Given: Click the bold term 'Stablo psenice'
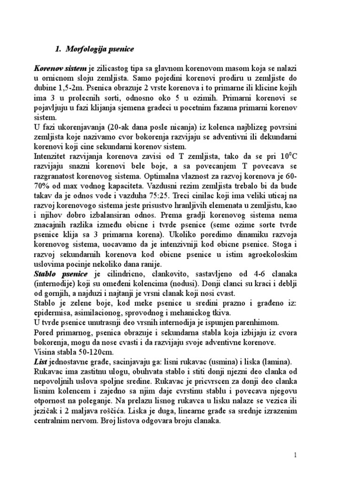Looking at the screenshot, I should [60, 274].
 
